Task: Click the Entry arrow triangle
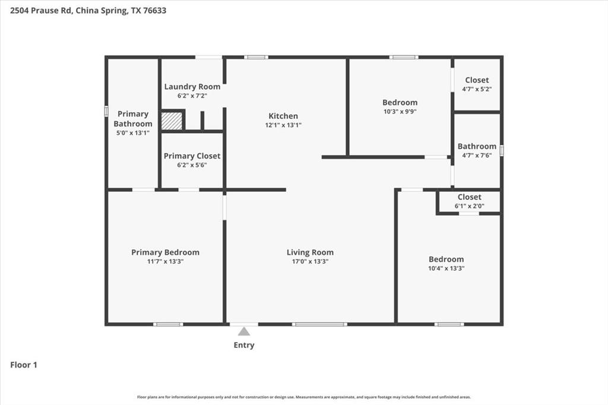coord(244,331)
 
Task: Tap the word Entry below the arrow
coord(244,345)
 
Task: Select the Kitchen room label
coord(283,116)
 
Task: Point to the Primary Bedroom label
coord(165,252)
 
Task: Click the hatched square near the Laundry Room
coord(172,121)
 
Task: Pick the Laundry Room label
coord(192,87)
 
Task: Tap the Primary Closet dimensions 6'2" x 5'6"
coord(192,165)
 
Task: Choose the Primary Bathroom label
coord(133,119)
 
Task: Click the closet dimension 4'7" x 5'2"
coord(477,89)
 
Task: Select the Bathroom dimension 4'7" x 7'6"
coord(477,155)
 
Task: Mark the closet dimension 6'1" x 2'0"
coord(469,205)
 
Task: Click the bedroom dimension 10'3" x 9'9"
coord(400,111)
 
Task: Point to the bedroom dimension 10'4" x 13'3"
coord(446,268)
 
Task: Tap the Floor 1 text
coord(24,365)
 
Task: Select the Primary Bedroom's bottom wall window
coord(168,324)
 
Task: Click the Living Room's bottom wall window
coord(319,324)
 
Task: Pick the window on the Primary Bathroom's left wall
coord(106,111)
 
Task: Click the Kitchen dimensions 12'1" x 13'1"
coord(283,125)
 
